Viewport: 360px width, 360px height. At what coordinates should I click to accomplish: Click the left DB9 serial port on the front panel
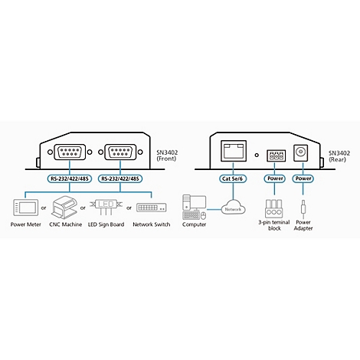click(70, 152)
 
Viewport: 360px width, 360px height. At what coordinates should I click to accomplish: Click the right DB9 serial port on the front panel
click(120, 152)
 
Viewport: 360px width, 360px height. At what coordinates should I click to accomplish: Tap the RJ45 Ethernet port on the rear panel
click(233, 150)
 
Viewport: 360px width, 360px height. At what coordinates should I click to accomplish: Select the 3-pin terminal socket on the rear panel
click(276, 155)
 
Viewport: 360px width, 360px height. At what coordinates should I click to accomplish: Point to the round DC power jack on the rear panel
click(300, 152)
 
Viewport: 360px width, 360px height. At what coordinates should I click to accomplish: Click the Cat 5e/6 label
click(233, 178)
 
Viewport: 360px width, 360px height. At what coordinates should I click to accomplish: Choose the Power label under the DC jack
click(303, 178)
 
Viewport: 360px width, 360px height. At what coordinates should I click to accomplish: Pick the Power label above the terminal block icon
click(274, 178)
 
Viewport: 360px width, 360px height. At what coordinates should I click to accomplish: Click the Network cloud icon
click(233, 209)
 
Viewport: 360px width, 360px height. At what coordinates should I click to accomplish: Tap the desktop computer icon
click(195, 207)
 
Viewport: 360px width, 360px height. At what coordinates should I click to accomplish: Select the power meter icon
click(25, 208)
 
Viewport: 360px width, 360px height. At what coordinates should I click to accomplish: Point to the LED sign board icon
click(106, 207)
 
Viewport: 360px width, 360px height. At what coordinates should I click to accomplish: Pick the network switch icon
click(152, 208)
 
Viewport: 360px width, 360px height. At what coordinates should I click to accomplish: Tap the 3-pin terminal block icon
click(274, 208)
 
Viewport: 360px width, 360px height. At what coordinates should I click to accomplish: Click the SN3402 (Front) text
click(167, 155)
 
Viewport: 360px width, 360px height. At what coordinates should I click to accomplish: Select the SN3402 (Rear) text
click(339, 156)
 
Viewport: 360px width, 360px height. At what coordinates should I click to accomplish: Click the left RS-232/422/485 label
click(70, 178)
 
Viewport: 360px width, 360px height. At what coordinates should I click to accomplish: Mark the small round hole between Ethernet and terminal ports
click(257, 155)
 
